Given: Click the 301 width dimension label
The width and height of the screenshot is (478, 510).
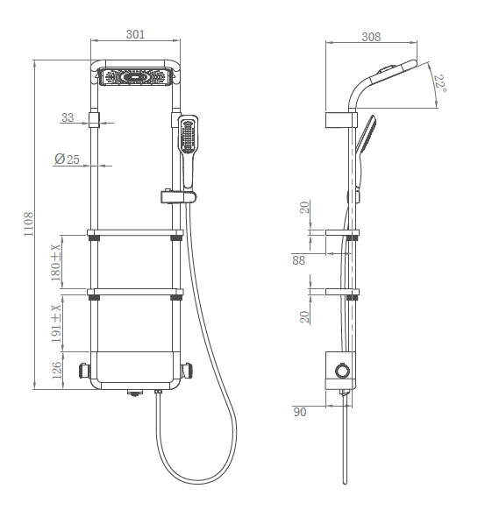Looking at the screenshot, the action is tap(135, 34).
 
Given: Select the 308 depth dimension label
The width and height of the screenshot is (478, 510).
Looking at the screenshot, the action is tap(371, 37).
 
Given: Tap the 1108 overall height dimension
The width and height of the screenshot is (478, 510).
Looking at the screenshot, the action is tap(29, 224).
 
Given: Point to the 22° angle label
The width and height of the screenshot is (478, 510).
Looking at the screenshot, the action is tap(439, 83).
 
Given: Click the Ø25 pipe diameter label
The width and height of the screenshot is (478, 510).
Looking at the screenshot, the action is tap(67, 159).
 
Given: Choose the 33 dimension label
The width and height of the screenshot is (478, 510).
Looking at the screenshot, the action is tap(68, 117).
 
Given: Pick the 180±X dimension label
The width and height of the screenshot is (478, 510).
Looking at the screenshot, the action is tap(55, 263).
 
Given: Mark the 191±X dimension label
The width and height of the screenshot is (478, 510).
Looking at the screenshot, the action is tap(55, 323).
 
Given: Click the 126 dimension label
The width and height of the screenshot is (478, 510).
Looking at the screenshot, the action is tap(57, 370).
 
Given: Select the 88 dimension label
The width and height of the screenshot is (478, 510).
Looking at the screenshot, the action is tap(298, 260).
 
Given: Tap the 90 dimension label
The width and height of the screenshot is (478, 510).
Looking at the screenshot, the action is tap(300, 412).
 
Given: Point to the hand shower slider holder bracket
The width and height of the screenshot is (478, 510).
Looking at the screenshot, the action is tap(178, 196).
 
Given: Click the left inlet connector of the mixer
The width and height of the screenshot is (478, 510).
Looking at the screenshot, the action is tap(85, 370).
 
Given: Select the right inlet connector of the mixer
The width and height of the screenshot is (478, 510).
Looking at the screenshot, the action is tap(187, 370).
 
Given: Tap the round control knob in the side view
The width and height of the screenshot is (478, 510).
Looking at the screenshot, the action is tap(342, 371).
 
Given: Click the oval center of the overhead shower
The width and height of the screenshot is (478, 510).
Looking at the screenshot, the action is tap(136, 77).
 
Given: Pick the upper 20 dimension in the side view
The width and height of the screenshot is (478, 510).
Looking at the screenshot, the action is tap(304, 207).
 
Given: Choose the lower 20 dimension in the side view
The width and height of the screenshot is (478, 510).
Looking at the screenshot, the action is tap(304, 317).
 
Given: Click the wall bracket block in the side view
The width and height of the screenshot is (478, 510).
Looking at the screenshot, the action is tap(341, 120).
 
